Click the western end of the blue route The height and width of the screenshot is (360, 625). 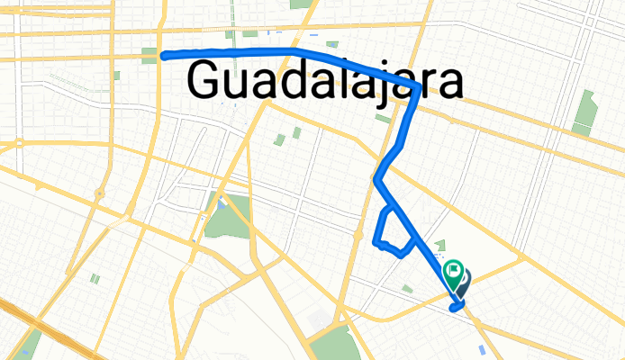165,55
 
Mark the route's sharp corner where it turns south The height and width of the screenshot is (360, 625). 416,86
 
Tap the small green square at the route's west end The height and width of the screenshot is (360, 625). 149,53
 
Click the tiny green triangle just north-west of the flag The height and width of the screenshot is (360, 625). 440,246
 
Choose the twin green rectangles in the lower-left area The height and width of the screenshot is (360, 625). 95,279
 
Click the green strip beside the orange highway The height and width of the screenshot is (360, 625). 32,342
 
